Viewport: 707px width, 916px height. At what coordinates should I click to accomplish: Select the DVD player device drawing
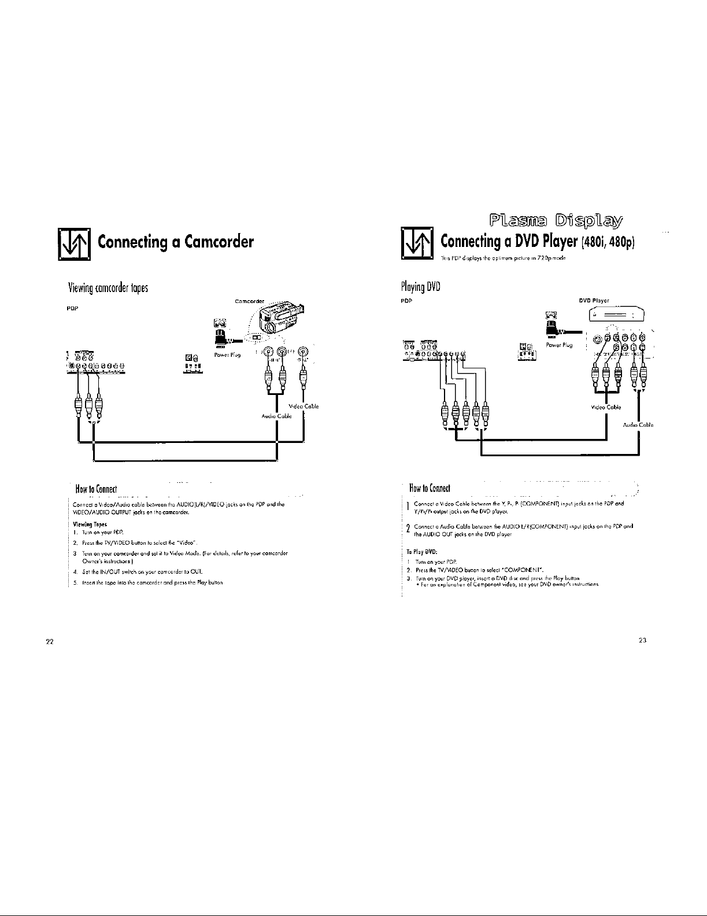615,316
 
